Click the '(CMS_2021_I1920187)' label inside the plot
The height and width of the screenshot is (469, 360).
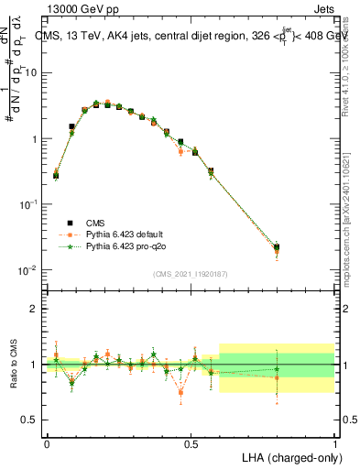point(191,273)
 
